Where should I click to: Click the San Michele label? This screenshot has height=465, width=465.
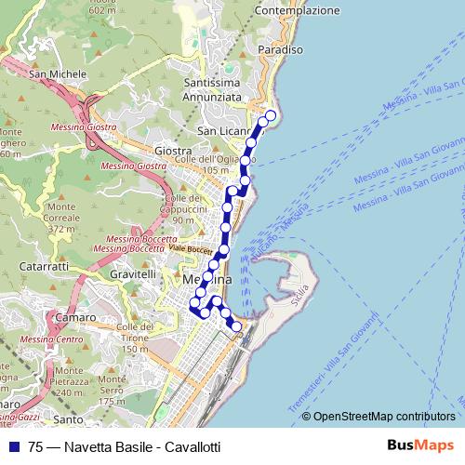click(51, 74)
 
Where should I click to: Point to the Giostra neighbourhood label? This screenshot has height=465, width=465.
click(174, 151)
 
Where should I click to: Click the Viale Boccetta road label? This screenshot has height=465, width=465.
click(191, 250)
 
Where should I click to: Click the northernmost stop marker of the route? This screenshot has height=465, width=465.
click(271, 116)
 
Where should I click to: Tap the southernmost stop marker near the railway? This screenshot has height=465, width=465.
click(235, 326)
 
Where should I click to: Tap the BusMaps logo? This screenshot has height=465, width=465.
click(419, 445)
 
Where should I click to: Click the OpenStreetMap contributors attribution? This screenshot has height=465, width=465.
click(384, 417)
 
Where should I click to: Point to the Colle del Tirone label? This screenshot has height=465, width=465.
click(134, 333)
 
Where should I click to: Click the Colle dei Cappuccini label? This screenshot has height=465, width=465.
click(184, 208)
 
